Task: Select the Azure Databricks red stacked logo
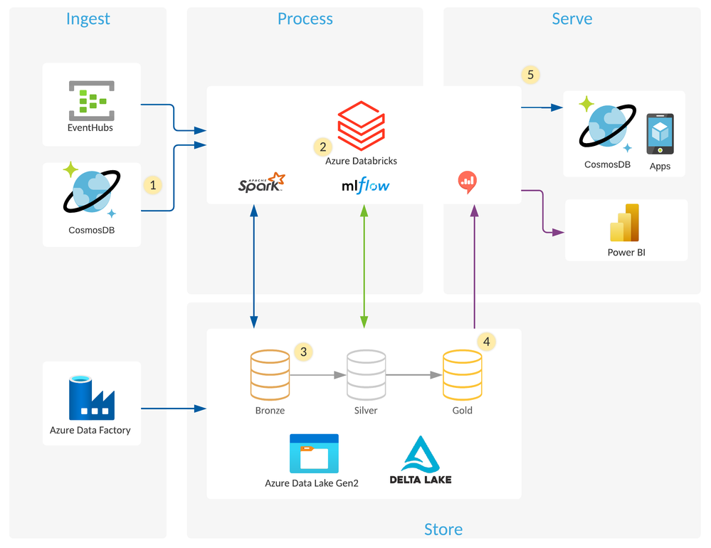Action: pyautogui.click(x=361, y=124)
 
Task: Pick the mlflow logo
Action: pyautogui.click(x=366, y=186)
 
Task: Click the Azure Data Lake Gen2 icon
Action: pyautogui.click(x=314, y=453)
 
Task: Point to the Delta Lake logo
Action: pyautogui.click(x=421, y=460)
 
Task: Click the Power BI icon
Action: pyautogui.click(x=626, y=223)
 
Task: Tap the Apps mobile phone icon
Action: pyautogui.click(x=660, y=134)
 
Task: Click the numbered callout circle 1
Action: pyautogui.click(x=152, y=185)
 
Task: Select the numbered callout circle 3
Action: pyautogui.click(x=304, y=352)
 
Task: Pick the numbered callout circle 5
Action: pyautogui.click(x=530, y=74)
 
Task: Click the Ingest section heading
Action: pyautogui.click(x=88, y=19)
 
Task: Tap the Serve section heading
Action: pyautogui.click(x=572, y=19)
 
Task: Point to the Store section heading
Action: pyautogui.click(x=443, y=529)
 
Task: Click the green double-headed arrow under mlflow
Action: pyautogui.click(x=364, y=267)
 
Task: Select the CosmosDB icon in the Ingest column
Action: pyautogui.click(x=91, y=192)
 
